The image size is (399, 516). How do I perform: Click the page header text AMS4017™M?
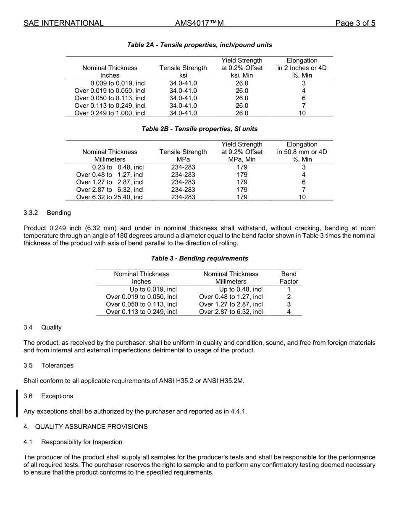pyautogui.click(x=199, y=23)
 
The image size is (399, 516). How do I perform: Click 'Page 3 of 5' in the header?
pyautogui.click(x=355, y=23)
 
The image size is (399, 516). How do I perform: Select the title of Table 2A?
pyautogui.click(x=199, y=45)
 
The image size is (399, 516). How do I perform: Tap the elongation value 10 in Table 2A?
pyautogui.click(x=302, y=113)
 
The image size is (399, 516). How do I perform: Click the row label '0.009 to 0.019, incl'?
pyautogui.click(x=118, y=83)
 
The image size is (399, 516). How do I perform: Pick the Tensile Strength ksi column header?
pyautogui.click(x=183, y=72)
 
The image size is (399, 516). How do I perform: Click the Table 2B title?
pyautogui.click(x=199, y=129)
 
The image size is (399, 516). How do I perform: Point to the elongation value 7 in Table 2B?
pyautogui.click(x=303, y=190)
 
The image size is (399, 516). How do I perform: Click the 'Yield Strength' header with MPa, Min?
pyautogui.click(x=242, y=152)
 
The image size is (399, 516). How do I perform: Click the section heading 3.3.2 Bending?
pyautogui.click(x=47, y=213)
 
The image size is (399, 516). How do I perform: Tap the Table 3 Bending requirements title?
pyautogui.click(x=199, y=258)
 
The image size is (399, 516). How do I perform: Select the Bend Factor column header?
pyautogui.click(x=289, y=278)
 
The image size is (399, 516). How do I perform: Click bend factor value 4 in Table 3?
pyautogui.click(x=289, y=312)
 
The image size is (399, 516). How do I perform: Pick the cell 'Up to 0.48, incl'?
pyautogui.click(x=241, y=289)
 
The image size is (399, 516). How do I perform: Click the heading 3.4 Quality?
pyautogui.click(x=42, y=327)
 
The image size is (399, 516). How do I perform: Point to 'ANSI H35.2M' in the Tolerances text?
pyautogui.click(x=225, y=381)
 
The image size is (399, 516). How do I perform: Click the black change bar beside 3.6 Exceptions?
pyautogui.click(x=17, y=403)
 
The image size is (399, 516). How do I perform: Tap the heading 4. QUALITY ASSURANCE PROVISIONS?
pyautogui.click(x=86, y=427)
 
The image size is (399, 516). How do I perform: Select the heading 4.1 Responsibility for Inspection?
pyautogui.click(x=73, y=442)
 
